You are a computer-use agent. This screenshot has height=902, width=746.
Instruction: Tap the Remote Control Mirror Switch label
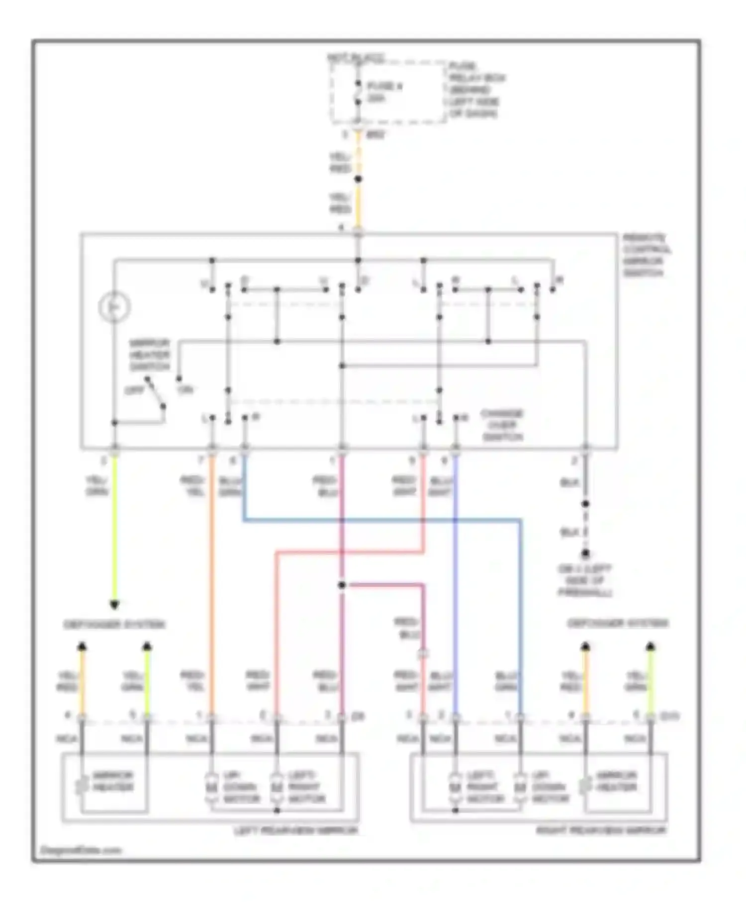coord(646,256)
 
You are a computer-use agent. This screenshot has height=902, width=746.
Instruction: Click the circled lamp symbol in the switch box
coord(114,307)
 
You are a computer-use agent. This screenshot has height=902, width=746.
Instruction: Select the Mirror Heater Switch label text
coord(149,355)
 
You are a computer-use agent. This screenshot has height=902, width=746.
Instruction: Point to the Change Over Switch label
coord(502,425)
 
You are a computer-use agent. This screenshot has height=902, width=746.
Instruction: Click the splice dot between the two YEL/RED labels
coord(358,179)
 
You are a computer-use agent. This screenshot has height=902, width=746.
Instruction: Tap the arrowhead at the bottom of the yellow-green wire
coord(114,605)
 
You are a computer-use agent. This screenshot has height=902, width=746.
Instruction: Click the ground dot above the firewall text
coord(586,554)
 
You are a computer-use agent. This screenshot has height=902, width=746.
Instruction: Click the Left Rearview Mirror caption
coord(295,830)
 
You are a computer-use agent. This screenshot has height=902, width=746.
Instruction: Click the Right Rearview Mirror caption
coord(601,830)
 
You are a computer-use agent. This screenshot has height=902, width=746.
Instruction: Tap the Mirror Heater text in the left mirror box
coord(113,781)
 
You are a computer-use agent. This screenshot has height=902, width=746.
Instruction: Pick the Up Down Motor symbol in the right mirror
coord(520,787)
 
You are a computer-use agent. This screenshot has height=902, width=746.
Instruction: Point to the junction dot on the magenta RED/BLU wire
coord(342,585)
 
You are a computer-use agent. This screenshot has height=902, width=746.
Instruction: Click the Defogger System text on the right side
coord(618,623)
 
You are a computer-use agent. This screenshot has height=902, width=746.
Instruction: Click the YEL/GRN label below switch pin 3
coord(97,486)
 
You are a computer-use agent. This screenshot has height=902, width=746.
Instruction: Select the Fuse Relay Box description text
coord(476,90)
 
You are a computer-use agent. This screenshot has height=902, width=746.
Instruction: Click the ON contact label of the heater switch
coord(185,389)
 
